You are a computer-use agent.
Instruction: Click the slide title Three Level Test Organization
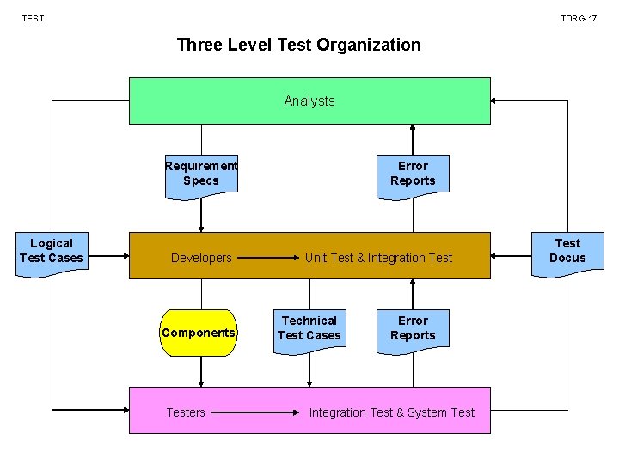click(298, 45)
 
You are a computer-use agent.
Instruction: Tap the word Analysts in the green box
click(309, 101)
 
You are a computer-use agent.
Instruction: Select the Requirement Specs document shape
click(201, 174)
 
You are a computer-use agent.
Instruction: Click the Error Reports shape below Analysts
click(413, 174)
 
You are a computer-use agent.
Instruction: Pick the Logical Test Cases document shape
click(52, 252)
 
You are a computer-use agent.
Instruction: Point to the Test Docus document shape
click(567, 252)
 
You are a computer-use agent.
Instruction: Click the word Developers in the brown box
click(201, 258)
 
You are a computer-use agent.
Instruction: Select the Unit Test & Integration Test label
click(378, 258)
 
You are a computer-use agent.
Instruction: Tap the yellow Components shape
click(199, 333)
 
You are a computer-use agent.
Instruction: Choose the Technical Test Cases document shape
click(309, 329)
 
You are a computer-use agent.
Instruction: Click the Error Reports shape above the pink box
click(413, 329)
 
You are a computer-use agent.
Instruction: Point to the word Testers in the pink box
click(186, 412)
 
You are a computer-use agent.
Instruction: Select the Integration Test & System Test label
click(392, 412)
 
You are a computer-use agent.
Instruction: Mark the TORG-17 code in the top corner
click(579, 18)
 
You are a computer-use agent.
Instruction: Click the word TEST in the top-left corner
click(33, 18)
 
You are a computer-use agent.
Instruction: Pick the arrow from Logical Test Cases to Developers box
click(107, 256)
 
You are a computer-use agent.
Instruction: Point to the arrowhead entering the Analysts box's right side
click(496, 101)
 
